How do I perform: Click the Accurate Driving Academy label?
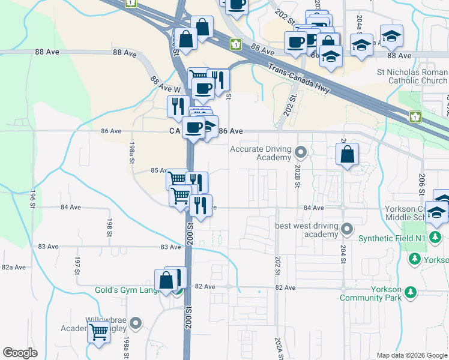[261, 153]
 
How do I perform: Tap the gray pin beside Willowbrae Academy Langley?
[136, 324]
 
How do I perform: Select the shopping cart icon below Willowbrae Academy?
[99, 331]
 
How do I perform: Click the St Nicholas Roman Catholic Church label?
[412, 76]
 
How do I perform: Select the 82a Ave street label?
[13, 267]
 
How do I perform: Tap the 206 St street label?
[422, 182]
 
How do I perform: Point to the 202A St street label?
[278, 348]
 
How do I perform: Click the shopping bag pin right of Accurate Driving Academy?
[347, 155]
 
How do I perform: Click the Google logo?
[20, 353]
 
